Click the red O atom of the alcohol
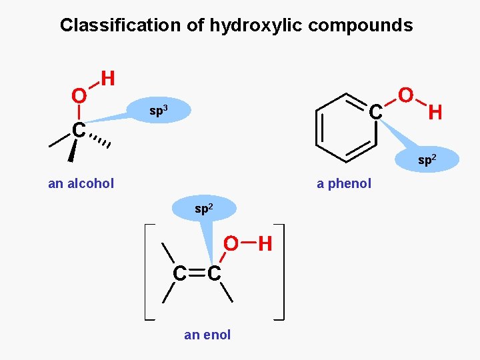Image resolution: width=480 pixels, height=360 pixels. coord(79,97)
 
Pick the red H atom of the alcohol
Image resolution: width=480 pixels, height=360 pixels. coord(108,79)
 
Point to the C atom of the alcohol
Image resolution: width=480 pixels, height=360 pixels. coord(79,131)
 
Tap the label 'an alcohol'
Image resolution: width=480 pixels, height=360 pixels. coord(81,183)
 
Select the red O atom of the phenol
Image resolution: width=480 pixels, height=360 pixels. coord(405,95)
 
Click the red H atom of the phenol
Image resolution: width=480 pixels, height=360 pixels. coord(435,113)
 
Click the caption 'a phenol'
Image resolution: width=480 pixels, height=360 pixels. coord(344,183)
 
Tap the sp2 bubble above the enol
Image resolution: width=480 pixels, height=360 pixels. coord(204,209)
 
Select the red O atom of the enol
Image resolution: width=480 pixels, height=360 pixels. coord(231,245)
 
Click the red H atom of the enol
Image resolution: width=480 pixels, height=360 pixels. coord(265,245)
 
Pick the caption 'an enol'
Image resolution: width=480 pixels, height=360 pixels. coord(207,335)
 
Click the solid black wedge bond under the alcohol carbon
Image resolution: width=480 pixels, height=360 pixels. coord(71,152)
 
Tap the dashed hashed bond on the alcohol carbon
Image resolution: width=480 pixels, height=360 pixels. coord(101,141)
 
